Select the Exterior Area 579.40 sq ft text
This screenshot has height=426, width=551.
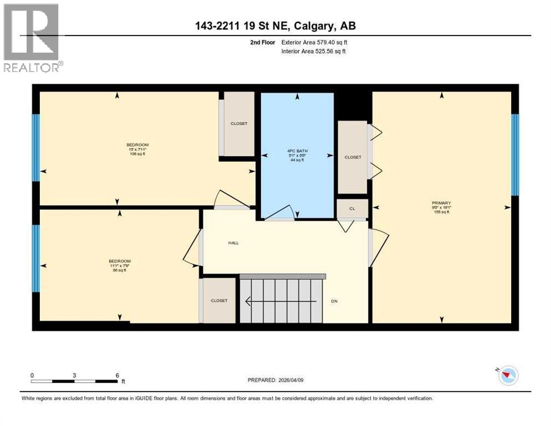click(314, 42)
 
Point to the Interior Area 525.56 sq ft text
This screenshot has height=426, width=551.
click(314, 52)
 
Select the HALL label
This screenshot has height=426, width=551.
click(233, 242)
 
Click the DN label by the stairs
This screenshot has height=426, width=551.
click(334, 301)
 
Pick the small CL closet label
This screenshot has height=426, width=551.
click(352, 209)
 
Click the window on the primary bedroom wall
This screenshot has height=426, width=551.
click(514, 155)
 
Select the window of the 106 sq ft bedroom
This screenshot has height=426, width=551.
click(36, 148)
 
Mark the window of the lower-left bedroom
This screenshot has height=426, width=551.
click(36, 258)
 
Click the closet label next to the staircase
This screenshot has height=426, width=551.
click(219, 301)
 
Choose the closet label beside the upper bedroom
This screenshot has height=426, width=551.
click(239, 124)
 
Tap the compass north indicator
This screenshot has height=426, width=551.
click(506, 375)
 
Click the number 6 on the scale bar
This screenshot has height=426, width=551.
click(117, 375)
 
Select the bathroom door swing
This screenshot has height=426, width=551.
click(283, 213)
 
